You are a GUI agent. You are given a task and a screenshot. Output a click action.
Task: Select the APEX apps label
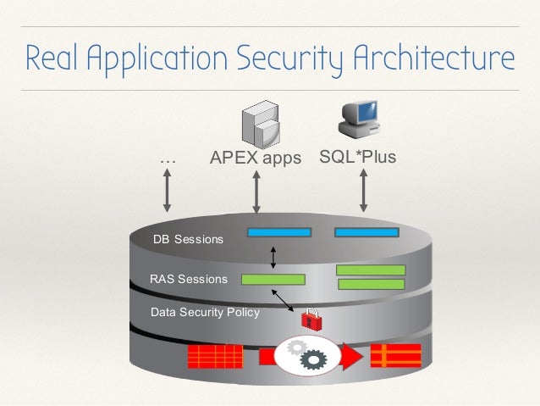pos(255,159)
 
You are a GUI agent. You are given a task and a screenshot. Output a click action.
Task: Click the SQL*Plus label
pos(357,158)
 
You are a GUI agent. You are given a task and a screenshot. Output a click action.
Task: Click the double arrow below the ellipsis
pos(168,189)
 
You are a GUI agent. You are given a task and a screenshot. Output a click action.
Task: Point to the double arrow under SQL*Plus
pos(363,189)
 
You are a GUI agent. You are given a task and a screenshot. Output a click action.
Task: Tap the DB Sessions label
pos(188,239)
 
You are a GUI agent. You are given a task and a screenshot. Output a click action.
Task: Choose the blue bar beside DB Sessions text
pos(278,231)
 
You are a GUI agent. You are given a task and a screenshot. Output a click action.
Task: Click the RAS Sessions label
pos(189,278)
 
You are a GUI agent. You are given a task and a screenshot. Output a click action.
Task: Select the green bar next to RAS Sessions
pos(273,279)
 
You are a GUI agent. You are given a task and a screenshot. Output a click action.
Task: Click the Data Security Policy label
pos(205,312)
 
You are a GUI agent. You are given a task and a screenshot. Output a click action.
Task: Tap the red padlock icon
pos(311,319)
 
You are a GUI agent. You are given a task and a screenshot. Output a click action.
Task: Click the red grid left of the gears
pos(215,356)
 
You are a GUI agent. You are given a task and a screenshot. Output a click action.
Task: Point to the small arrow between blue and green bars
pos(273,256)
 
